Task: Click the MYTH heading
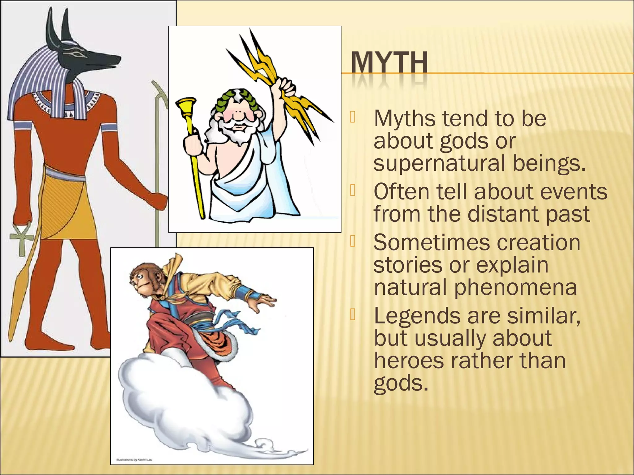click(389, 63)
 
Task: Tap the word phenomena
click(515, 287)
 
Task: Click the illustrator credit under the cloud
click(134, 460)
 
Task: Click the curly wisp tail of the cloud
click(272, 449)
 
